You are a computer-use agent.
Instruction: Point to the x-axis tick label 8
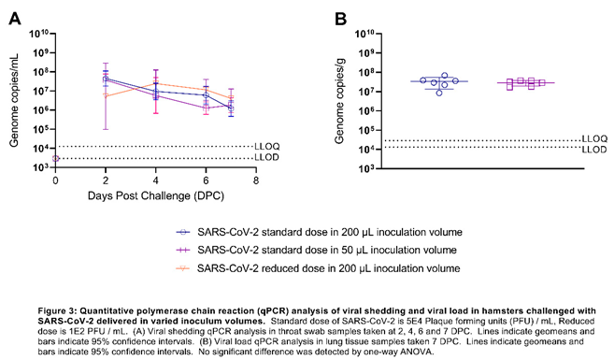pyautogui.click(x=256, y=180)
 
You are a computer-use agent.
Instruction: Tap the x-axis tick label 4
pyautogui.click(x=155, y=180)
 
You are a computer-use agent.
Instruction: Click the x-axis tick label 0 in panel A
pyautogui.click(x=55, y=180)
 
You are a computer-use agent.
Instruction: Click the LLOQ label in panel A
pyautogui.click(x=266, y=146)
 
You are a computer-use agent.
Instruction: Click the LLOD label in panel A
pyautogui.click(x=266, y=159)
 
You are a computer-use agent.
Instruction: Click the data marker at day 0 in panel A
pyautogui.click(x=55, y=159)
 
